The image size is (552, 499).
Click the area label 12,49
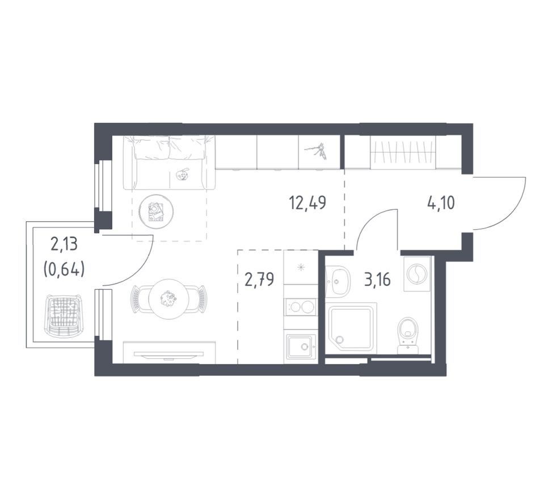307,203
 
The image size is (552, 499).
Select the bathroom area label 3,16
377,280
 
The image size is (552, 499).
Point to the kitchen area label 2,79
260,280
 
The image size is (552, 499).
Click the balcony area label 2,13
64,244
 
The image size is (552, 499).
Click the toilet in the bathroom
408,335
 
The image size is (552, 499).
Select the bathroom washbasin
338,281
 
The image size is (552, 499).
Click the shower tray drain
339,340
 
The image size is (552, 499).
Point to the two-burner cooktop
301,307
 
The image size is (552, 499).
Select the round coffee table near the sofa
156,211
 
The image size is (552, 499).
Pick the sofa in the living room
169,163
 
